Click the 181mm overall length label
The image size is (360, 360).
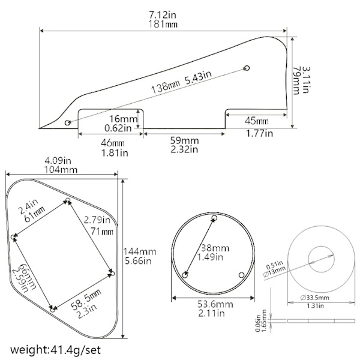[x=163, y=24]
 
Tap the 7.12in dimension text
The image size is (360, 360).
[x=163, y=15]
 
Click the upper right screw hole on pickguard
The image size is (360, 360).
[x=247, y=68]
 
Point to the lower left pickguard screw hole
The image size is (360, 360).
[x=67, y=122]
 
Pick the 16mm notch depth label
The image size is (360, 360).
[x=123, y=119]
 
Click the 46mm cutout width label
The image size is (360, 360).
[x=113, y=143]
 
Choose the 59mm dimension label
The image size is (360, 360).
[x=185, y=140]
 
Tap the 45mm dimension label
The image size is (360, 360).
[x=256, y=121]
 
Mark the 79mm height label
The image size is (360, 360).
[x=296, y=80]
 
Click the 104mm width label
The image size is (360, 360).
[x=61, y=170]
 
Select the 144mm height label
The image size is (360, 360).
[x=140, y=251]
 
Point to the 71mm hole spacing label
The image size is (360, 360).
[x=102, y=231]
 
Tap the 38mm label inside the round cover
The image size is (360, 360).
[x=215, y=248]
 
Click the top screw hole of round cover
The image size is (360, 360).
[x=214, y=217]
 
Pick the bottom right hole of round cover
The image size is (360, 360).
[x=242, y=275]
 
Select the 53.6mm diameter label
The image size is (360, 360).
[x=215, y=304]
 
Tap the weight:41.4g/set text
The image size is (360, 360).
[x=55, y=350]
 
